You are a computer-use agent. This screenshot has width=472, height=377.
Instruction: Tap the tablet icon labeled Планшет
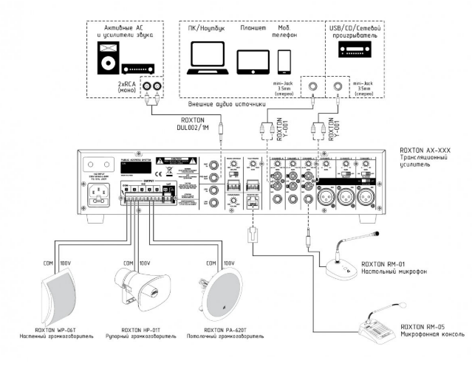[253, 59]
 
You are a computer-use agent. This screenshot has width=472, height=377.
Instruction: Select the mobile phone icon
[284, 60]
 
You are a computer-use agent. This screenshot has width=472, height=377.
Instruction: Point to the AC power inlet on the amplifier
[100, 196]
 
